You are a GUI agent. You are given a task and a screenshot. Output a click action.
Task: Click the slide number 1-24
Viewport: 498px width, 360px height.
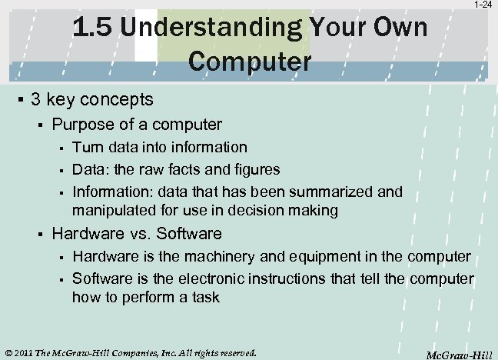[x=483, y=5]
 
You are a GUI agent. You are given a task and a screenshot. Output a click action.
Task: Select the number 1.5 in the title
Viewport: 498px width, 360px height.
[x=93, y=29]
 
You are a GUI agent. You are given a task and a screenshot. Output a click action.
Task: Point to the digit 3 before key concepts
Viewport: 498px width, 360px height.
[x=35, y=100]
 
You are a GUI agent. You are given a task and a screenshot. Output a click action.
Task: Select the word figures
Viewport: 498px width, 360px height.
[x=256, y=168]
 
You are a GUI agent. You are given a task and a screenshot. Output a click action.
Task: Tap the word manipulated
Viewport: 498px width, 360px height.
[x=111, y=209]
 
